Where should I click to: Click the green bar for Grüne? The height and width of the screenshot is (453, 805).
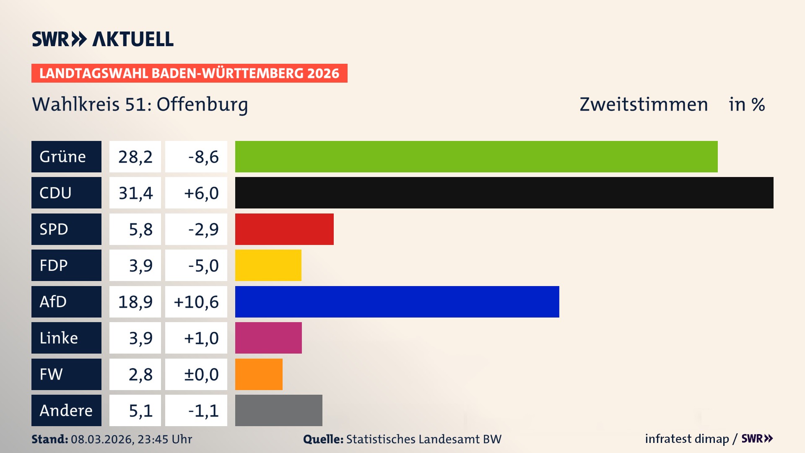[x=476, y=156]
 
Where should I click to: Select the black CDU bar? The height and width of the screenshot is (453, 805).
[x=504, y=193]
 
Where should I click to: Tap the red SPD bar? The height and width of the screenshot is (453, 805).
[x=284, y=229]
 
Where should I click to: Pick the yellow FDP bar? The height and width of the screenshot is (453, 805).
[x=268, y=265]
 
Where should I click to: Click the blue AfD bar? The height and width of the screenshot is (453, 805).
[x=397, y=302]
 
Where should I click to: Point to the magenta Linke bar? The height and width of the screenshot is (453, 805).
[x=268, y=338]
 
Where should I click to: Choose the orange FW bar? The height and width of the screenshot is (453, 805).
[x=259, y=374]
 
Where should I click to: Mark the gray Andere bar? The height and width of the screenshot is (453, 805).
[x=278, y=410]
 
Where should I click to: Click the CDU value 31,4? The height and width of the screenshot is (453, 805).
[x=135, y=193]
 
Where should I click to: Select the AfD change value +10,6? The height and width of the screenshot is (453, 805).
[x=196, y=302]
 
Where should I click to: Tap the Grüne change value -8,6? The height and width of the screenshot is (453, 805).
[x=203, y=157]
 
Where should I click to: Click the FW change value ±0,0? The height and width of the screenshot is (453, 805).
[x=201, y=375]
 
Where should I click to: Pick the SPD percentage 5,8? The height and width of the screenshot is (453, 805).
[x=140, y=229]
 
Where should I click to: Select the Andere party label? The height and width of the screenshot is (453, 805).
[x=66, y=410]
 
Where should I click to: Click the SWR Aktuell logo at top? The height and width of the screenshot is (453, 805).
[x=102, y=39]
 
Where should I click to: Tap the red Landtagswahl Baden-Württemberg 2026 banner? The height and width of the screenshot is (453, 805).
[x=189, y=73]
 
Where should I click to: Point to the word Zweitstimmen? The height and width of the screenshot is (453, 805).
[x=644, y=104]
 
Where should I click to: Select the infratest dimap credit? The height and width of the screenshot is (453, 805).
[x=687, y=439]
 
